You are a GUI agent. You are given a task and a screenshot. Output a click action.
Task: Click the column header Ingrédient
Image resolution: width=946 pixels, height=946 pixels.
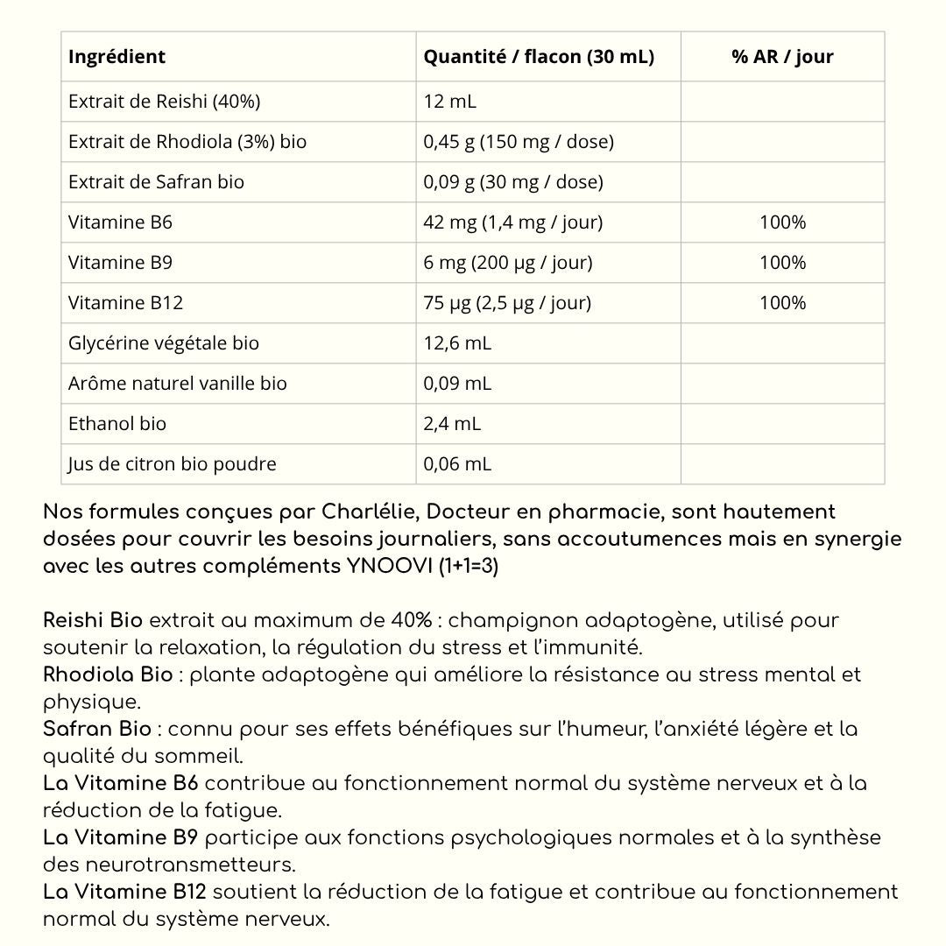tap(116, 57)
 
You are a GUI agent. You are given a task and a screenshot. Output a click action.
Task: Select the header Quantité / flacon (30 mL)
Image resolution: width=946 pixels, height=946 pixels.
tap(539, 57)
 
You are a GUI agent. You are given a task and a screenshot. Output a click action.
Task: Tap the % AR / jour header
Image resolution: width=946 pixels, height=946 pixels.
tap(782, 57)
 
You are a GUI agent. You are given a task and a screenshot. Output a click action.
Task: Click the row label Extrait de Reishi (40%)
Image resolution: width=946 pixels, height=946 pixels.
tap(164, 102)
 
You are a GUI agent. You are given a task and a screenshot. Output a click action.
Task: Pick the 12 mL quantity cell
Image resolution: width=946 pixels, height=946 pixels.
tap(449, 102)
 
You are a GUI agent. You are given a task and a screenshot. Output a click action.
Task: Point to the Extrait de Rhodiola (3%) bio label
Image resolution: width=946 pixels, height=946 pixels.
tap(187, 142)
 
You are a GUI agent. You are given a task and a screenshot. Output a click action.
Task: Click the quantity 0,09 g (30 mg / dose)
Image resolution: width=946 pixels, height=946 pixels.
tap(513, 182)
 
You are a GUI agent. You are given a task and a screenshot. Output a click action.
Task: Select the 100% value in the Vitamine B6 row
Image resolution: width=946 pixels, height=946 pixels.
tap(782, 222)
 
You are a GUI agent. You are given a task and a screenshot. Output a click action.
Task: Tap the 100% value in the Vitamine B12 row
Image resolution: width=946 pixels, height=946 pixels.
tap(782, 303)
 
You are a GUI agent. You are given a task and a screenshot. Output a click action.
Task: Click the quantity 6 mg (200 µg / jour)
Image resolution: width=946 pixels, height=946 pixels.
tap(508, 263)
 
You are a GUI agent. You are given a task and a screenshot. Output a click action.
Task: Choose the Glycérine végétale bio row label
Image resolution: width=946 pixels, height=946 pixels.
tap(164, 343)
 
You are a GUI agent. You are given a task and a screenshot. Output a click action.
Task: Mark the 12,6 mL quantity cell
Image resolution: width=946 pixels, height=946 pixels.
tap(457, 343)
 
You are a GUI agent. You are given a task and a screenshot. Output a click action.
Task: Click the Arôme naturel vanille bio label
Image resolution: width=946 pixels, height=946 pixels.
tap(178, 384)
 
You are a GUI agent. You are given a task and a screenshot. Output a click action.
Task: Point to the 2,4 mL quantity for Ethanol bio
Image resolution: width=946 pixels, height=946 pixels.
tap(452, 424)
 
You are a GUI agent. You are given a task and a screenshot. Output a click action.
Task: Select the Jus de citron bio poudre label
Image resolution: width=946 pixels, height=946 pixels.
tap(173, 464)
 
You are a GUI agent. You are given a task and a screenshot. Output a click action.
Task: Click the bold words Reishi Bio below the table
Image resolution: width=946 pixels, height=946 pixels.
tap(93, 621)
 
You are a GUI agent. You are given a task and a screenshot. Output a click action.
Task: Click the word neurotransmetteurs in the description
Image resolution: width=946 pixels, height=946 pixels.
tap(189, 865)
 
